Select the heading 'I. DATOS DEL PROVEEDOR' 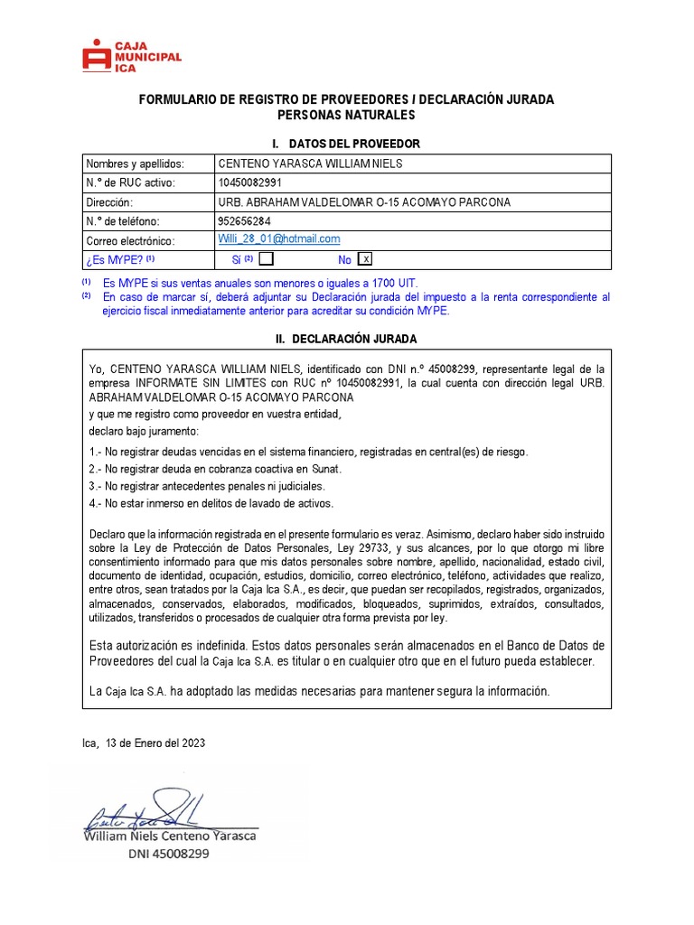[346, 145]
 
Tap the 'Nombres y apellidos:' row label [135, 164]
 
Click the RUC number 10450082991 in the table [257, 183]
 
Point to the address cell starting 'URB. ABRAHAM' [364, 202]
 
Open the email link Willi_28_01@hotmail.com [279, 239]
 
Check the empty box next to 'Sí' [266, 259]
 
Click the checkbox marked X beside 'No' [365, 259]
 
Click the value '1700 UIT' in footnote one [398, 283]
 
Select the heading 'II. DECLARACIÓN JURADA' [346, 339]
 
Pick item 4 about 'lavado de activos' [211, 503]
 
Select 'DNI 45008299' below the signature [167, 854]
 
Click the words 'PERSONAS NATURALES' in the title [346, 115]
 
